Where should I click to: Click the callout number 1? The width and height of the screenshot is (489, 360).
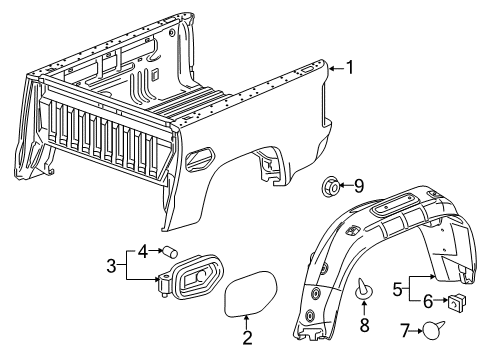349,67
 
